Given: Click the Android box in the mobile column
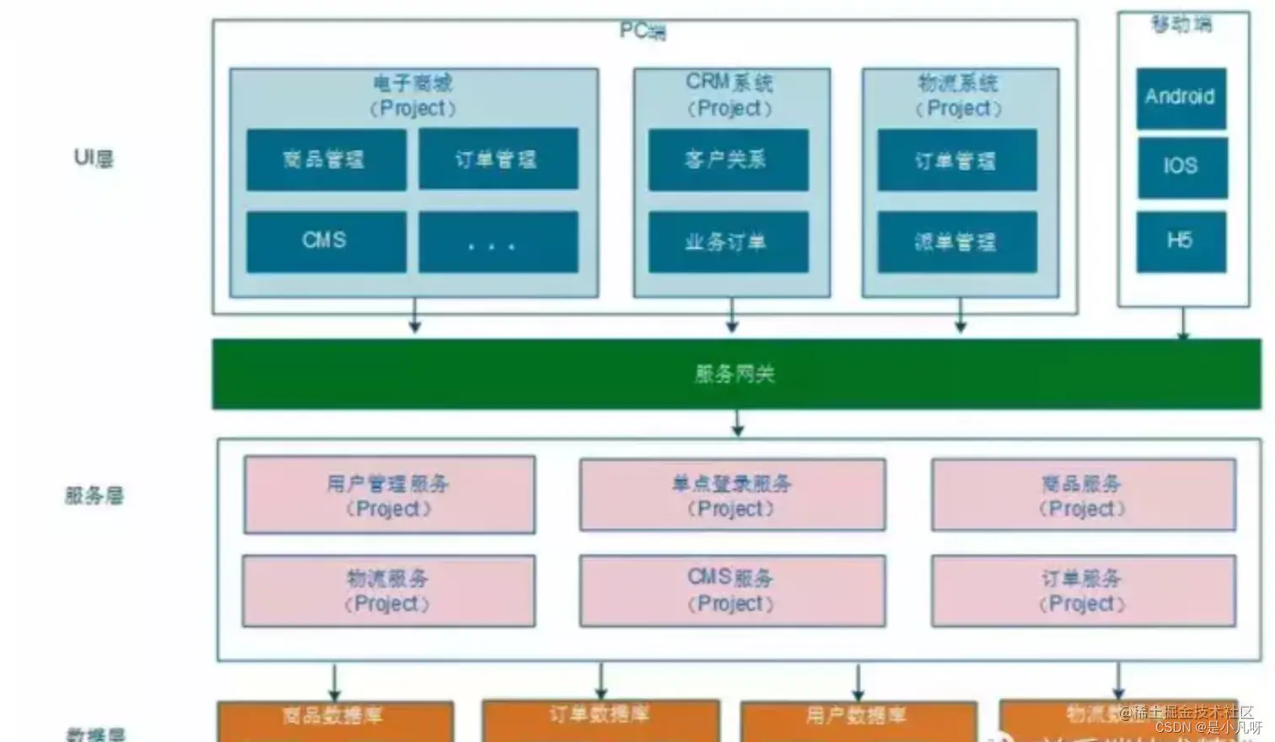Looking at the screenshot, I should (1181, 98).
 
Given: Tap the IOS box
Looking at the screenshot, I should (1181, 167).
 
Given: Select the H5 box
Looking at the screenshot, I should (1181, 241).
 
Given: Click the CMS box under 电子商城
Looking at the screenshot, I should (325, 241).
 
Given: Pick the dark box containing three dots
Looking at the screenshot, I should (498, 242).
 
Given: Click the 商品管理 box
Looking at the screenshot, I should (325, 159).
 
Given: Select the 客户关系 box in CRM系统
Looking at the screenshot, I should (728, 159).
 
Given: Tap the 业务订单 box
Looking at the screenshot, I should (728, 242).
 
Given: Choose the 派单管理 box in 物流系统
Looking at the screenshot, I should (956, 242).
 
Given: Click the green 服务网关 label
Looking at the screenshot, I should (735, 374).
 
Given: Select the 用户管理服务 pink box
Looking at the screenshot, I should (389, 495).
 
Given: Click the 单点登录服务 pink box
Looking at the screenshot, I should (732, 495).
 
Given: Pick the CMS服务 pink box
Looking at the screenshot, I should (732, 590).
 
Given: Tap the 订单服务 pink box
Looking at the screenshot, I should (1083, 590).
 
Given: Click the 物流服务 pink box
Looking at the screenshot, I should (389, 590).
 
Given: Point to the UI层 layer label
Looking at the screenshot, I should (94, 158).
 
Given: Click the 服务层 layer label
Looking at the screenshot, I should (94, 495).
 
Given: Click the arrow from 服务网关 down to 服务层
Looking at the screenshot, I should (738, 423).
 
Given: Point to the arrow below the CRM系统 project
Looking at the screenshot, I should (732, 315).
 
